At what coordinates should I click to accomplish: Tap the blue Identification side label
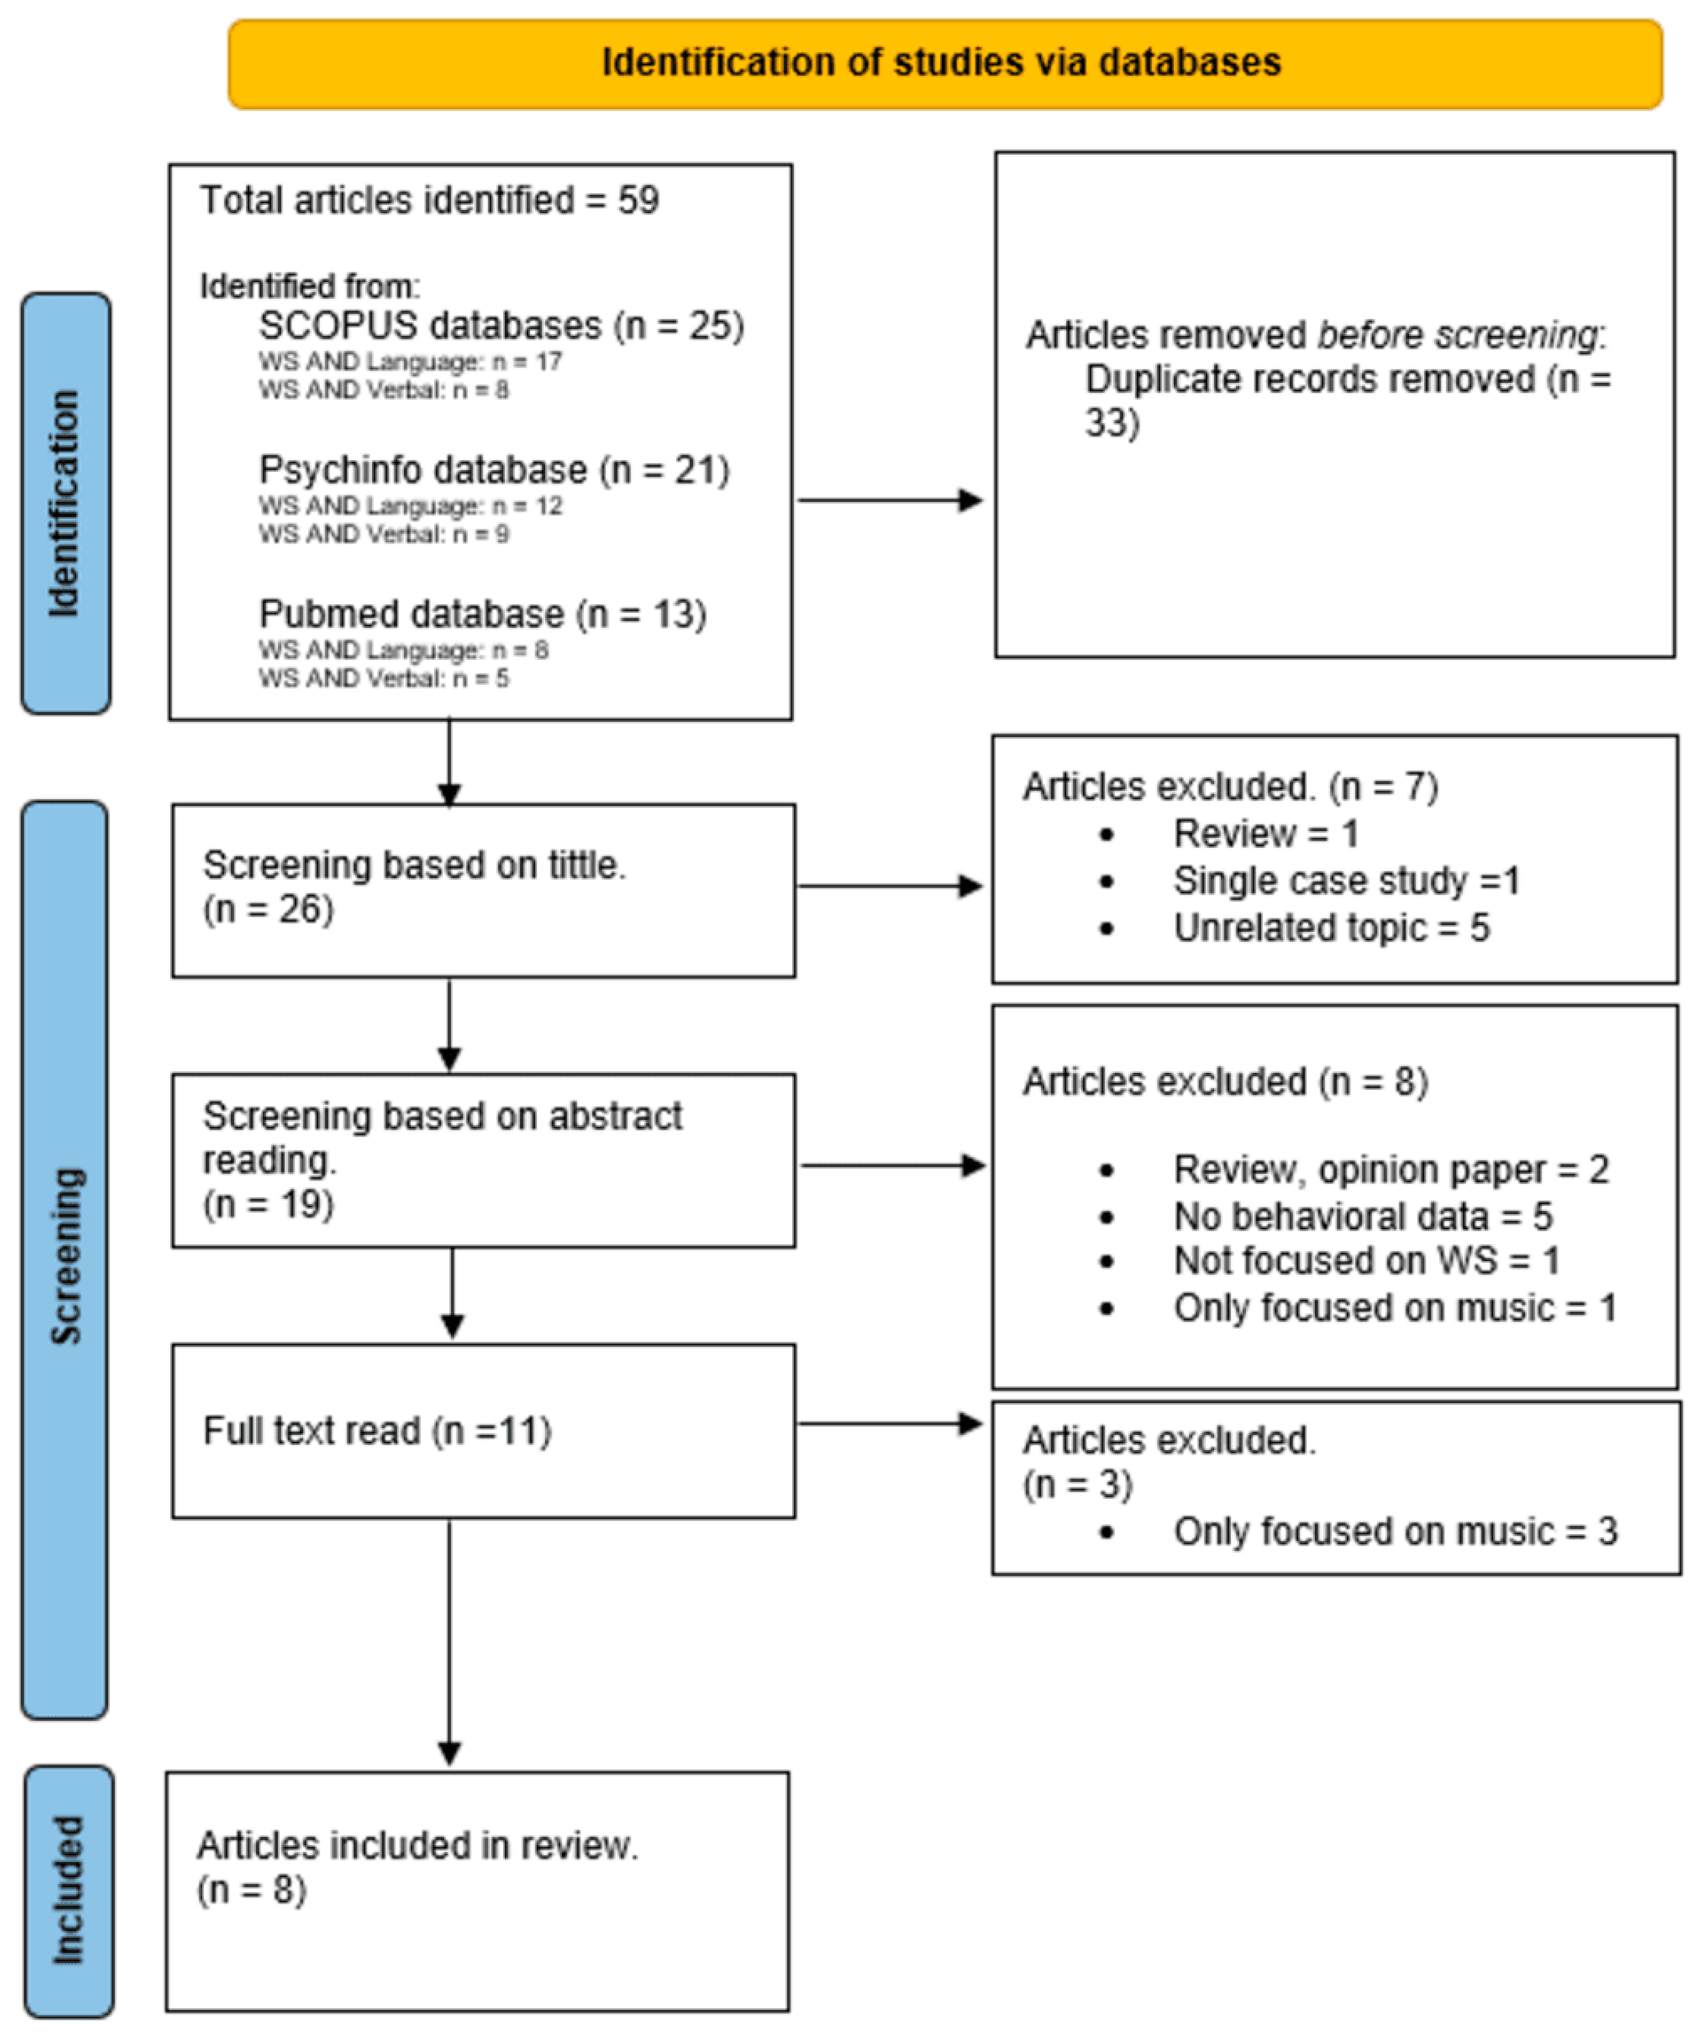point(65,503)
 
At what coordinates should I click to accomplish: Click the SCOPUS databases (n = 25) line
point(501,325)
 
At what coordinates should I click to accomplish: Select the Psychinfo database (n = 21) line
point(493,470)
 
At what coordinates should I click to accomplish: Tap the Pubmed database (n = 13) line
point(482,614)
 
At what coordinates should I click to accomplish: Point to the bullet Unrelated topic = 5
point(1330,927)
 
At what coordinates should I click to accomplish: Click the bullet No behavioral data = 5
point(1362,1216)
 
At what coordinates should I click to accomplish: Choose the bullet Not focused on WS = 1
point(1365,1261)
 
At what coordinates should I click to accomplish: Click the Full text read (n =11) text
point(377,1431)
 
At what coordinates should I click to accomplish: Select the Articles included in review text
point(417,1846)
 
